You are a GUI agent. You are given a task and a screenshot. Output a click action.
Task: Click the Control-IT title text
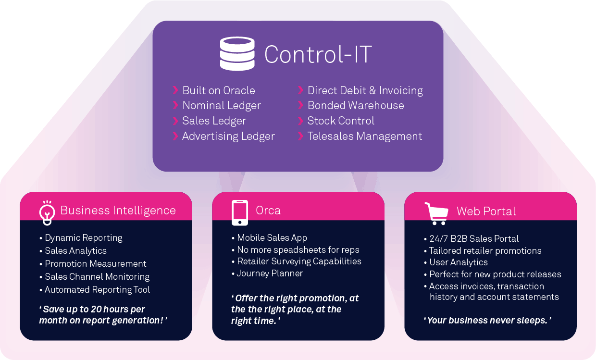pyautogui.click(x=318, y=54)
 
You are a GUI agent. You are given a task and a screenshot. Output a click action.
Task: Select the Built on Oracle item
pyautogui.click(x=218, y=90)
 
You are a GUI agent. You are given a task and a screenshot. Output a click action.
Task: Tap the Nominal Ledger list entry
pyautogui.click(x=221, y=105)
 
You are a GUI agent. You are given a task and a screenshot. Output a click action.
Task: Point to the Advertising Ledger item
pyautogui.click(x=228, y=136)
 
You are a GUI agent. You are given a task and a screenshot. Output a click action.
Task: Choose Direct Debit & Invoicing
pyautogui.click(x=365, y=90)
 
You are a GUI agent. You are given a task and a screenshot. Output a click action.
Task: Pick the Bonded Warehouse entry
pyautogui.click(x=355, y=105)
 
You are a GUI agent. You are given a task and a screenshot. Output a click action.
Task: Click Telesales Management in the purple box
pyautogui.click(x=364, y=136)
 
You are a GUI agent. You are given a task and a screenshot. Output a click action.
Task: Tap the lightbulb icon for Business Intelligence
pyautogui.click(x=47, y=212)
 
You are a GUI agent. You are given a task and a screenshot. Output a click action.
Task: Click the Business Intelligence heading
pyautogui.click(x=118, y=211)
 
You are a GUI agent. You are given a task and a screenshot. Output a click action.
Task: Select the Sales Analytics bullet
pyautogui.click(x=75, y=250)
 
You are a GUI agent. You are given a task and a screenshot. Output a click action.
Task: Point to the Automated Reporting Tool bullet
pyautogui.click(x=97, y=289)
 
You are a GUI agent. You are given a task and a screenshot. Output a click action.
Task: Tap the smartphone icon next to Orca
pyautogui.click(x=240, y=212)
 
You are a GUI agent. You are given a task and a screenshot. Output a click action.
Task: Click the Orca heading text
pyautogui.click(x=268, y=211)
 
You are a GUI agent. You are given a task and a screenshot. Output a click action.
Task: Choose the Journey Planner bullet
pyautogui.click(x=270, y=273)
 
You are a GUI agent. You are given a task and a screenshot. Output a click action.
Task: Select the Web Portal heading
pyautogui.click(x=486, y=211)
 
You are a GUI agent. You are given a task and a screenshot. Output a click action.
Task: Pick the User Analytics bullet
pyautogui.click(x=458, y=262)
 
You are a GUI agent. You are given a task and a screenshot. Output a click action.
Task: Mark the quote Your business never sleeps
pyautogui.click(x=487, y=320)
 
